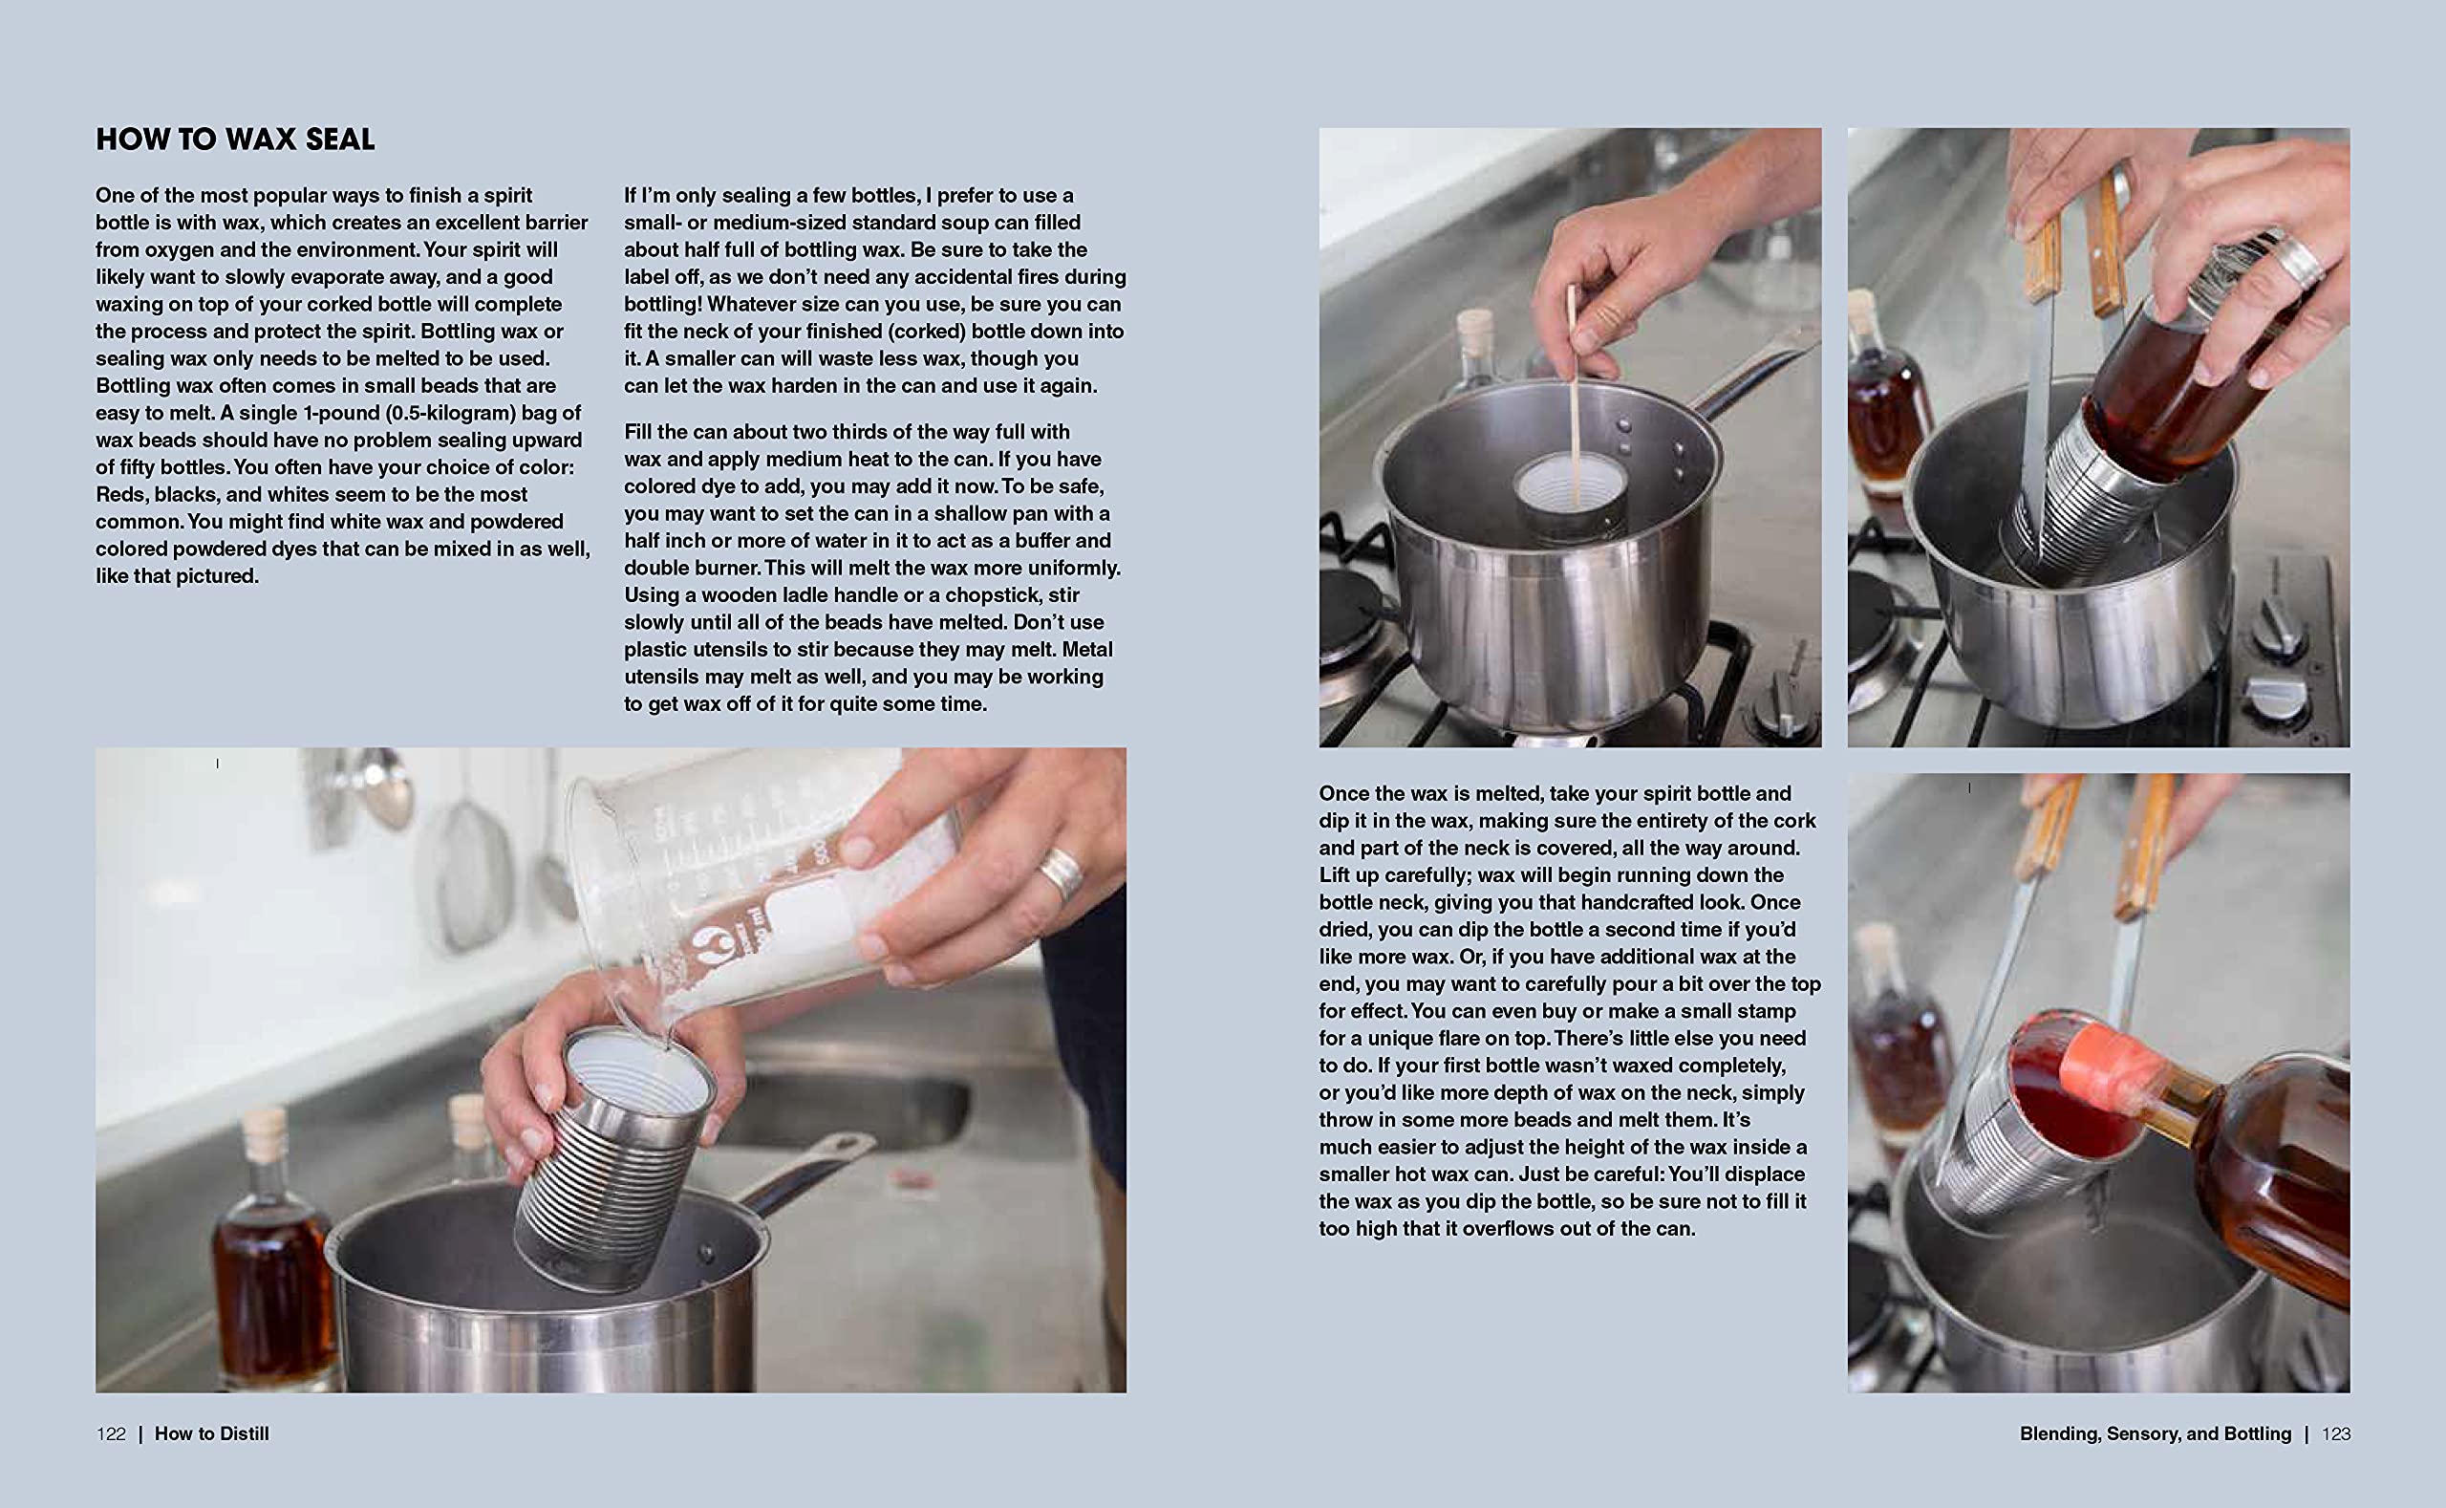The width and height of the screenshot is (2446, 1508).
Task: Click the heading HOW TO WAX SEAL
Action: pos(235,140)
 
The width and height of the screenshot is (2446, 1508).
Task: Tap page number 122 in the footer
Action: pos(111,1434)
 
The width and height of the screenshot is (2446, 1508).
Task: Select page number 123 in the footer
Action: pos(2336,1434)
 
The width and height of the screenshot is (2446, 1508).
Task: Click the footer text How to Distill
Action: pos(211,1434)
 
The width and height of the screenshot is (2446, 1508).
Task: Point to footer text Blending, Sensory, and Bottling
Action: pos(2156,1434)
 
